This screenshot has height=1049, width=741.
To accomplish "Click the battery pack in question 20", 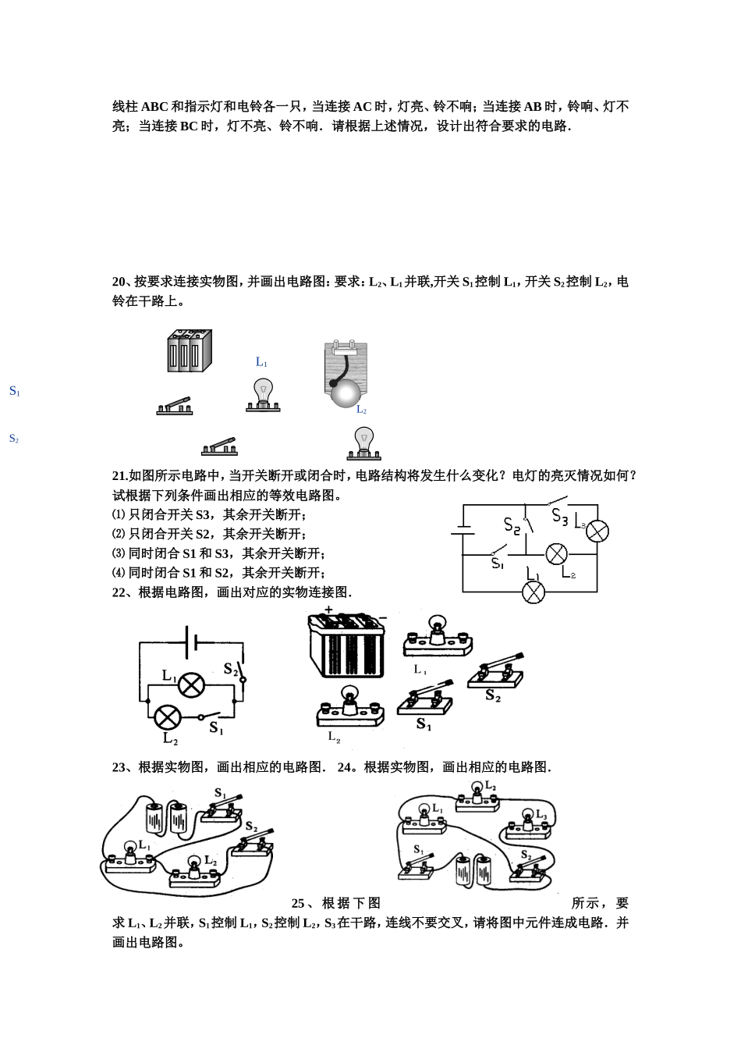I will (190, 350).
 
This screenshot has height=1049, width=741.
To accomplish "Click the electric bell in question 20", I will (345, 374).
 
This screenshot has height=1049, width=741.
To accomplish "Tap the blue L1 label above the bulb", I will (261, 362).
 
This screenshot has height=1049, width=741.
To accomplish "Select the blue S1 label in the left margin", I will (14, 391).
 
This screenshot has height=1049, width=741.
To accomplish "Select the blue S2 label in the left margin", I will (14, 439).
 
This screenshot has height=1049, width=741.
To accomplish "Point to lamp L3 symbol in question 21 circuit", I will (597, 532).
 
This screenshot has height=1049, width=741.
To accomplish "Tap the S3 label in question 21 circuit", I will (559, 516).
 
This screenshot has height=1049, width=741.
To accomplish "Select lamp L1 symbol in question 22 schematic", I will (191, 685).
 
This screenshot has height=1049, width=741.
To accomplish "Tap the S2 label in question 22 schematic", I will (231, 669).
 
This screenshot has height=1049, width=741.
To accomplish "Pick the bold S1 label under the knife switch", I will (424, 724).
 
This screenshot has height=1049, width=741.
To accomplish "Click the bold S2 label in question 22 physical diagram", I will (493, 695).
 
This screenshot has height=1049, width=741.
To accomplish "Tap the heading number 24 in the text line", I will (345, 767).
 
